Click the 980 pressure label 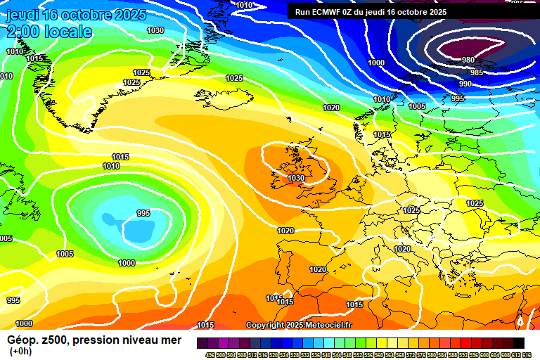[x=468, y=60]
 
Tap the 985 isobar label [x=477, y=72]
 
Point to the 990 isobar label [x=465, y=84]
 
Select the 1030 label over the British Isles [x=296, y=179]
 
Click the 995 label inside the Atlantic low [x=143, y=213]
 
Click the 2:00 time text [x=22, y=32]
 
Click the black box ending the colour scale [x=518, y=343]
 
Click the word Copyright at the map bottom [x=265, y=325]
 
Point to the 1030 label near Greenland [x=155, y=30]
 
